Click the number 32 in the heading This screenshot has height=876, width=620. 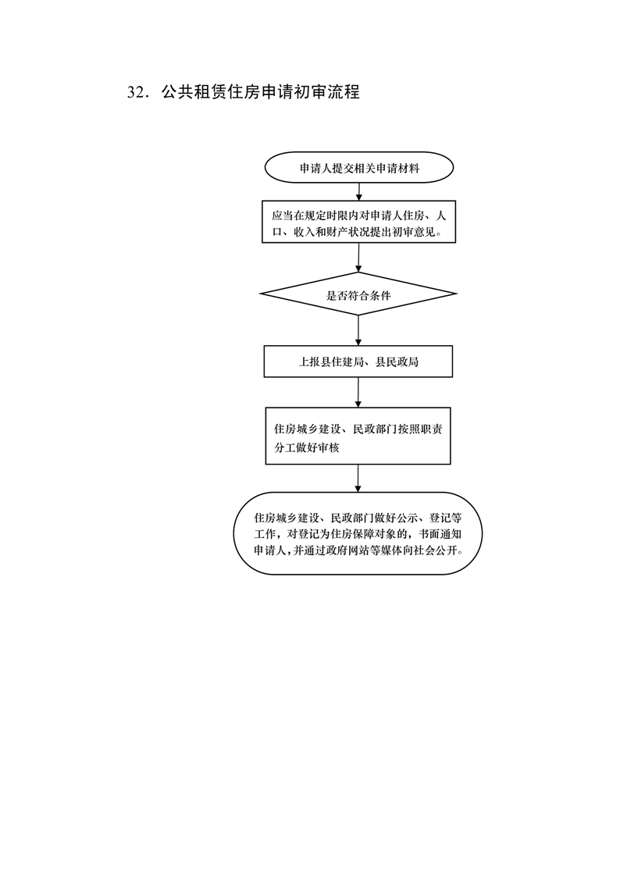pyautogui.click(x=137, y=92)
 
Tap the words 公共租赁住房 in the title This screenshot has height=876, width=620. pyautogui.click(x=211, y=92)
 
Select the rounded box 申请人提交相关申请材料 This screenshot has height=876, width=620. pyautogui.click(x=358, y=168)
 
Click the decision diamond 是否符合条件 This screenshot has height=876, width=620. pyautogui.click(x=358, y=294)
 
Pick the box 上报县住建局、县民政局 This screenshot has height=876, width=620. pyautogui.click(x=358, y=361)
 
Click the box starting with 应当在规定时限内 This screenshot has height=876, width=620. pyautogui.click(x=358, y=222)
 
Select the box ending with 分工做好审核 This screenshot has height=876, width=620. pyautogui.click(x=358, y=436)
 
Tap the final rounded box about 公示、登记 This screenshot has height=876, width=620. pyautogui.click(x=358, y=533)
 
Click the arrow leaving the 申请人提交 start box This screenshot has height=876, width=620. pyautogui.click(x=358, y=191)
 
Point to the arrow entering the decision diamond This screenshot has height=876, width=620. pyautogui.click(x=358, y=258)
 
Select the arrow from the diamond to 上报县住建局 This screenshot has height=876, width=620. pyautogui.click(x=358, y=331)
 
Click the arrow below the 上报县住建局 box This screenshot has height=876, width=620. pyautogui.click(x=358, y=393)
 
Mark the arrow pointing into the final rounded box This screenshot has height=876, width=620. pyautogui.click(x=358, y=479)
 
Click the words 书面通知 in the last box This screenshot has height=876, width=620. pyautogui.click(x=441, y=534)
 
